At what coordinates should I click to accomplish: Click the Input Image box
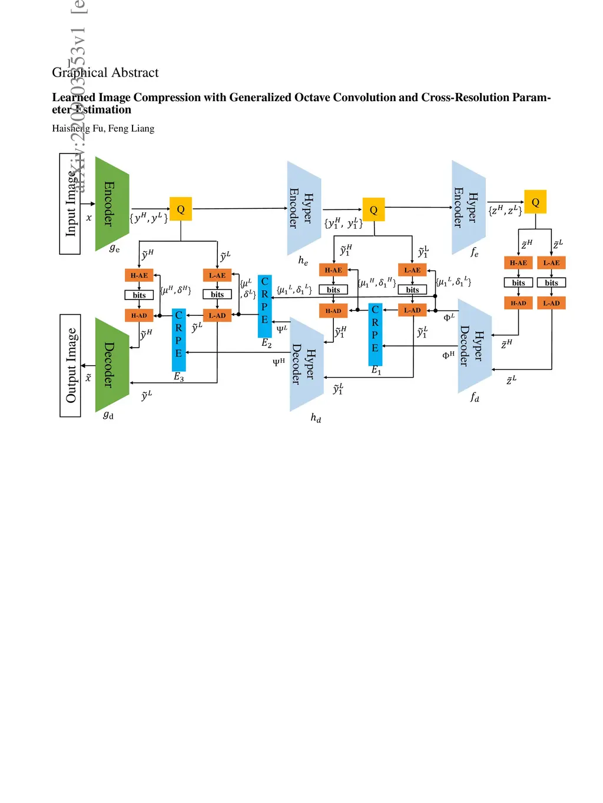click(70, 204)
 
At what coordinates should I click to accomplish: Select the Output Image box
click(70, 365)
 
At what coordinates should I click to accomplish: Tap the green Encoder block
click(111, 204)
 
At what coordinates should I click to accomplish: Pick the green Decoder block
click(111, 365)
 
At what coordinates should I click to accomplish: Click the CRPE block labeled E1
click(375, 334)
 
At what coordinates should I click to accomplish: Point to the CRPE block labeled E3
click(179, 339)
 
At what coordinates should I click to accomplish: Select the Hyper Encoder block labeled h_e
click(303, 208)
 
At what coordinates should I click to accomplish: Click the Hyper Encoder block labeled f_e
click(468, 207)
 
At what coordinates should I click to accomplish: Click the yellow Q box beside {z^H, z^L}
click(535, 202)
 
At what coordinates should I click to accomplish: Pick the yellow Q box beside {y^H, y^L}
click(181, 209)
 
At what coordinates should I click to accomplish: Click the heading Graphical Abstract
click(105, 72)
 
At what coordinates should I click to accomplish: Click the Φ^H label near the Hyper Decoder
click(448, 355)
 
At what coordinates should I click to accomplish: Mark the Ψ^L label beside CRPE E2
click(282, 329)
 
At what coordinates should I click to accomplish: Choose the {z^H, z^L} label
click(505, 209)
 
